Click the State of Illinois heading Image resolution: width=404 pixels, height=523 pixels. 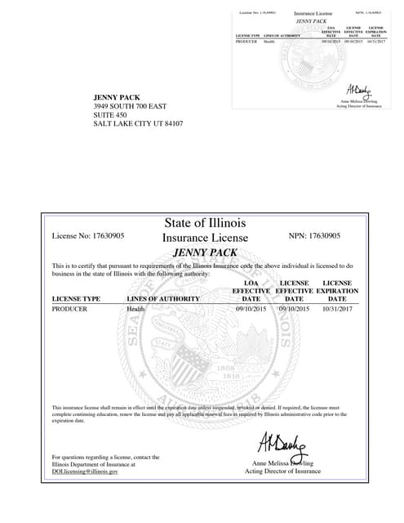pyautogui.click(x=199, y=223)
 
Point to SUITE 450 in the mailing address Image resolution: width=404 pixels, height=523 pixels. pyautogui.click(x=111, y=115)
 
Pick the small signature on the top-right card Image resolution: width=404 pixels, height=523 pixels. pyautogui.click(x=357, y=89)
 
